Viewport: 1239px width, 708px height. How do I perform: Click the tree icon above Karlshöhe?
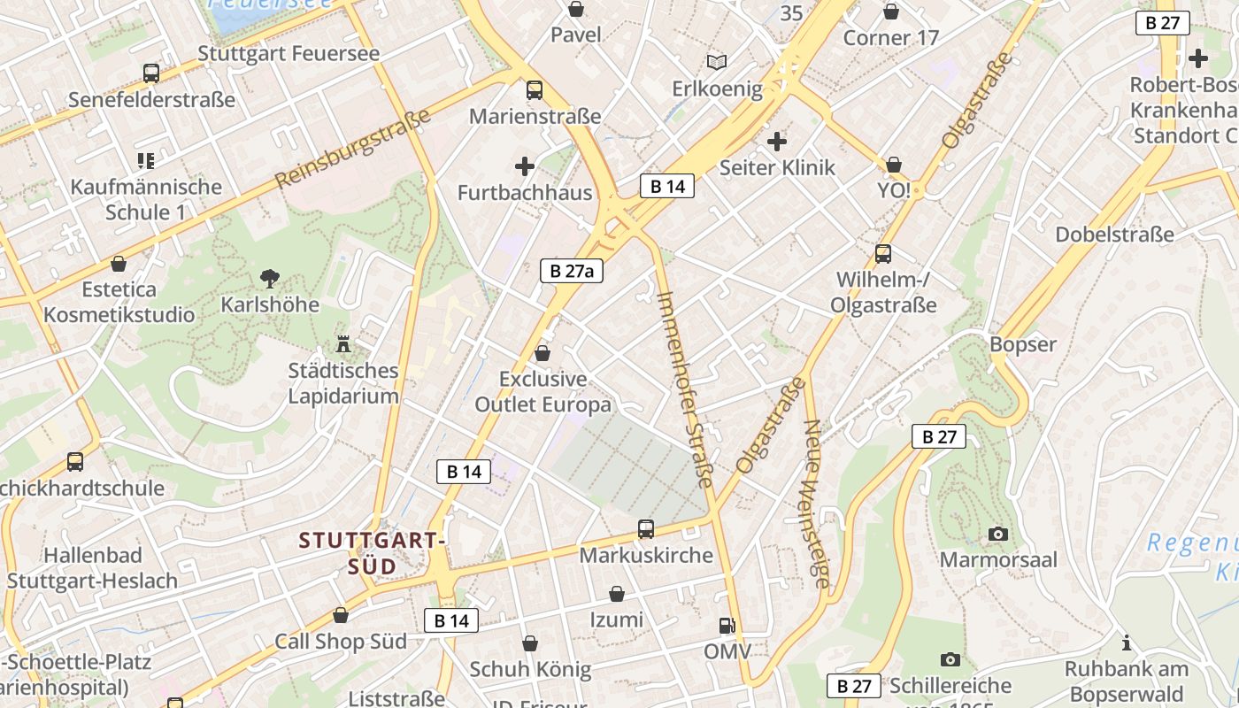click(x=270, y=279)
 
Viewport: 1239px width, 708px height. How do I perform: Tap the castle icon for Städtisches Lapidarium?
click(x=343, y=343)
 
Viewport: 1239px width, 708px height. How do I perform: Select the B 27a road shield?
click(x=572, y=271)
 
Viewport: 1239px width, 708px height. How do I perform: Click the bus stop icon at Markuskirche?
click(x=646, y=529)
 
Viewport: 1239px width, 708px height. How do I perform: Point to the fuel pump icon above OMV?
click(x=727, y=626)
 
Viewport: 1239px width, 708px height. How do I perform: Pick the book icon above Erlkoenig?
click(x=717, y=62)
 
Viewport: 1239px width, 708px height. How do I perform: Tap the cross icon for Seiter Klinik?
click(x=777, y=141)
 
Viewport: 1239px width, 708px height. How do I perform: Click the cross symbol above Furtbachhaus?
click(x=525, y=165)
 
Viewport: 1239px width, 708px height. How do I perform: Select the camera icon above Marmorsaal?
click(x=998, y=534)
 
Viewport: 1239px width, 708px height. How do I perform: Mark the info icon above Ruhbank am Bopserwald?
click(x=1126, y=643)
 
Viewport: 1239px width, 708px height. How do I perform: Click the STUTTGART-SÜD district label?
click(x=372, y=552)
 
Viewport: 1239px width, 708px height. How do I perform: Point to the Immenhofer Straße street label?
click(x=685, y=389)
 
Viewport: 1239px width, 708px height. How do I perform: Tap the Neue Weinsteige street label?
click(x=816, y=503)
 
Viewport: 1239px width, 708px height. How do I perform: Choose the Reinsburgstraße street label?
click(x=352, y=148)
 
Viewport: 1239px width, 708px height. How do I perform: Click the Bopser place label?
click(x=1023, y=344)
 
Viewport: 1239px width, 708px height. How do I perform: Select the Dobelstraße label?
click(x=1114, y=235)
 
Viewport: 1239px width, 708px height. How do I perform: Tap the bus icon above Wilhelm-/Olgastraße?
click(x=882, y=254)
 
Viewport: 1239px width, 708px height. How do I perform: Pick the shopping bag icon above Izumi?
click(x=617, y=594)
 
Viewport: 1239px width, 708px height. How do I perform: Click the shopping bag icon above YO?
click(x=894, y=165)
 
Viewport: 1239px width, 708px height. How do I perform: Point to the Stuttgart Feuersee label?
click(x=289, y=53)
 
